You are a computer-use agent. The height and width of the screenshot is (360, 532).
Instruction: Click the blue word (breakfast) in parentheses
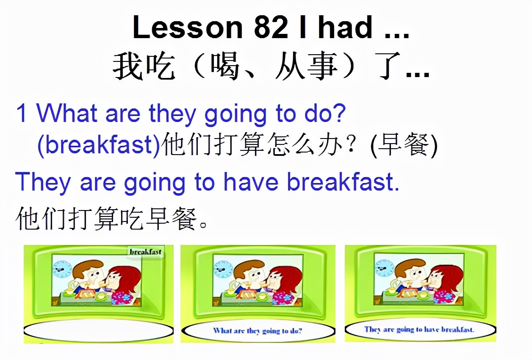99,145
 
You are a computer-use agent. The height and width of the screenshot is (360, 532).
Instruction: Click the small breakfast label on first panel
145,252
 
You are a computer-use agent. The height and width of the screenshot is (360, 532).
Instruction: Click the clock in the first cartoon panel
62,269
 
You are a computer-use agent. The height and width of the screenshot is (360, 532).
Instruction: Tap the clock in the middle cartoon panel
223,269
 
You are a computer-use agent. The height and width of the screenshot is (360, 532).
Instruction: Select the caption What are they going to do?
258,331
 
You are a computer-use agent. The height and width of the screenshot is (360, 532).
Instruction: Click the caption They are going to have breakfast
419,330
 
